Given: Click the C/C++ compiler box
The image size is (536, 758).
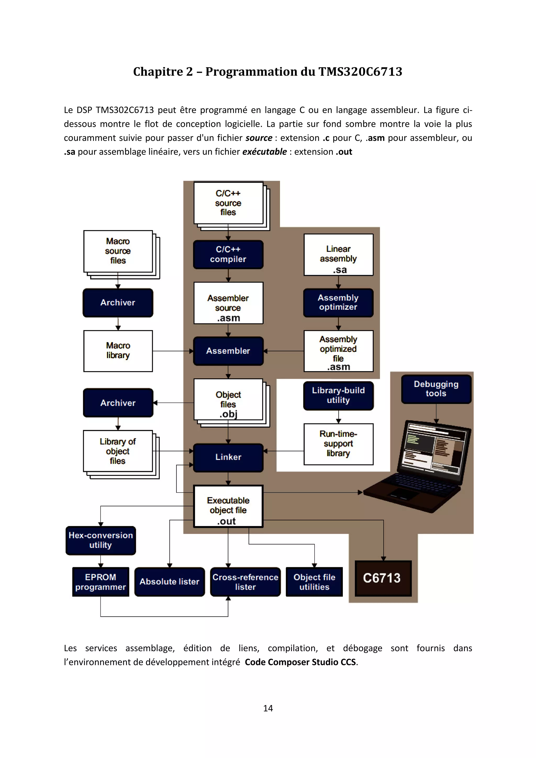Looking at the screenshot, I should pyautogui.click(x=228, y=254).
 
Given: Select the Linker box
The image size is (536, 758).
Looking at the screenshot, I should pyautogui.click(x=228, y=457).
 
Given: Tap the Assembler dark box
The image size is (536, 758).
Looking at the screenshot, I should pyautogui.click(x=228, y=351).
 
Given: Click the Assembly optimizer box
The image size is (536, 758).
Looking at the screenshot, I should pyautogui.click(x=338, y=302).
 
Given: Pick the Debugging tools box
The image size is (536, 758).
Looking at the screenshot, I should pyautogui.click(x=436, y=389).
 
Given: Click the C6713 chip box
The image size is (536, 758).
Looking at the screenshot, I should pyautogui.click(x=383, y=578).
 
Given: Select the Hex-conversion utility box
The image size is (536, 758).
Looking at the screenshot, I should pyautogui.click(x=101, y=540).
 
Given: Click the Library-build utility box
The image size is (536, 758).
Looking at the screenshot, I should pyautogui.click(x=338, y=395).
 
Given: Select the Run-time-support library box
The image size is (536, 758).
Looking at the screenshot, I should pyautogui.click(x=338, y=444).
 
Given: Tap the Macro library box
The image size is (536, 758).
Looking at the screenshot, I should pyautogui.click(x=118, y=351).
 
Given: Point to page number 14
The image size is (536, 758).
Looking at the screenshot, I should pyautogui.click(x=268, y=708).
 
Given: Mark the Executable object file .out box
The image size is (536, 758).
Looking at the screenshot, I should pyautogui.click(x=228, y=506).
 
